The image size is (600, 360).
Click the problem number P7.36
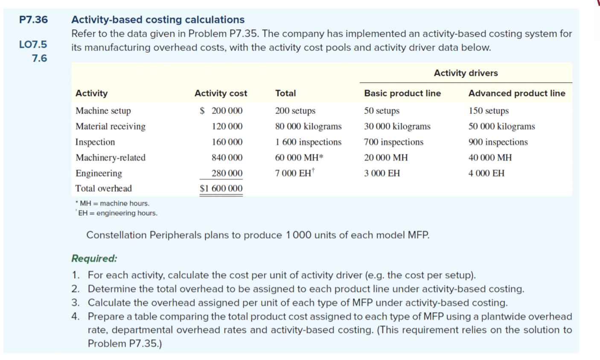[33, 20]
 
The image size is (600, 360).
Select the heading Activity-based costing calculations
[157, 20]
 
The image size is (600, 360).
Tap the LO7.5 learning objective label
[33, 44]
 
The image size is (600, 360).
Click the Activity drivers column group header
[466, 73]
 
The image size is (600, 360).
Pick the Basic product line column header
[402, 93]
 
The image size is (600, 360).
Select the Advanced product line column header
[516, 93]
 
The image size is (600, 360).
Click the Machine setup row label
[103, 111]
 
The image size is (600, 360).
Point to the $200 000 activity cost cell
[221, 111]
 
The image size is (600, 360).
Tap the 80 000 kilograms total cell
[308, 126]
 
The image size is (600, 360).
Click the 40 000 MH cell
[490, 158]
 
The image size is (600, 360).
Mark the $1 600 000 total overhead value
[221, 189]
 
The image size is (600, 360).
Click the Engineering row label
[99, 173]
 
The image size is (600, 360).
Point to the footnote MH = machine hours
[114, 203]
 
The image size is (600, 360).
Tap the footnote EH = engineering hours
[117, 213]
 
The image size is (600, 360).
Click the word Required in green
[94, 258]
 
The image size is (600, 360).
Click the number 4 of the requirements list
[75, 316]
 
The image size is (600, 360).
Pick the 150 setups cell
[488, 111]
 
